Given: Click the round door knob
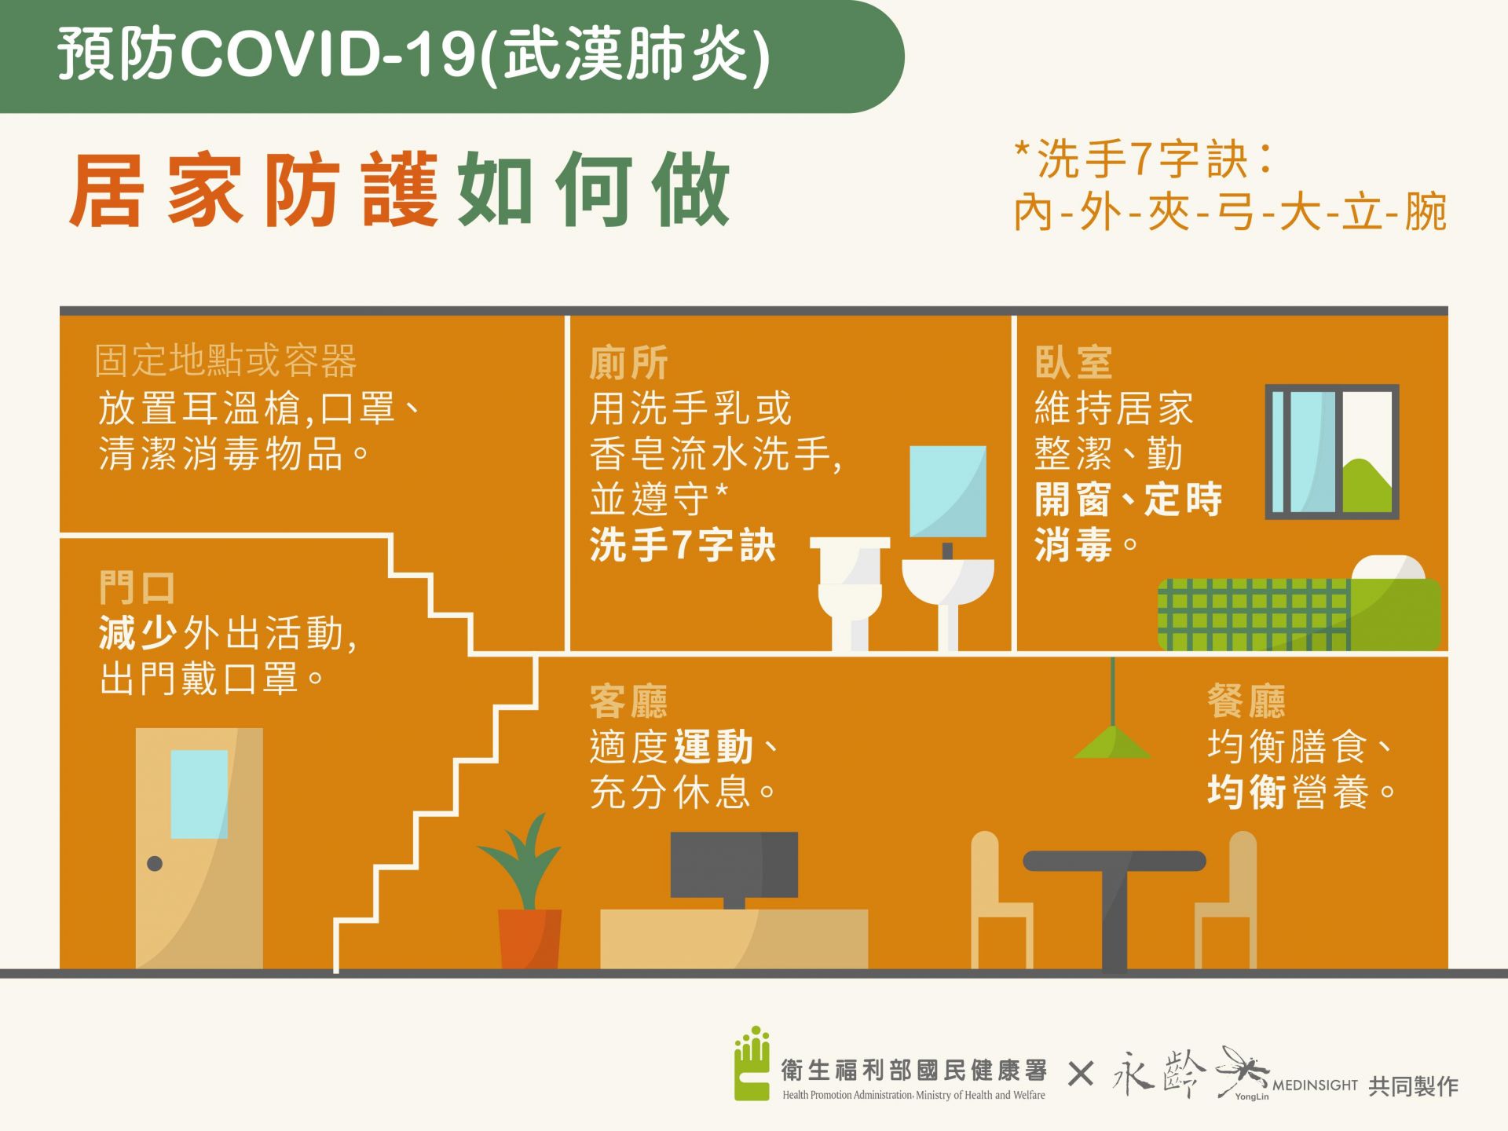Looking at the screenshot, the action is point(155,864).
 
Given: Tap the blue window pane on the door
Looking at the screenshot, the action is point(199,794).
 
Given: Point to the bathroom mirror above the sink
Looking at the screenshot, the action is point(948,492).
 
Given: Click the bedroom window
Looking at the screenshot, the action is point(1332,452).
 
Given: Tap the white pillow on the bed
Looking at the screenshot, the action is point(1389,568).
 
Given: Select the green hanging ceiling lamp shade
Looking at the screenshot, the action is point(1112,742).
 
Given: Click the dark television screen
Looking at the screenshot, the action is point(734,865).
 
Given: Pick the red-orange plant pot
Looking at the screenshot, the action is point(530,939).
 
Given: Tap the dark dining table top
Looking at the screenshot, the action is point(1114,861).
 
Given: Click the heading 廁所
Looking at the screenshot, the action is point(628,363).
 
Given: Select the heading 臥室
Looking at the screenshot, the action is point(1074,363).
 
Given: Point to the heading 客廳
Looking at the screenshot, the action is point(628,701).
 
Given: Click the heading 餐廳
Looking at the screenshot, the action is point(1246,701).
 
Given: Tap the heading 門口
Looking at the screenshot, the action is point(137,587).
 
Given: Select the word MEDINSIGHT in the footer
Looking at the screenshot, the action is point(1315,1085).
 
